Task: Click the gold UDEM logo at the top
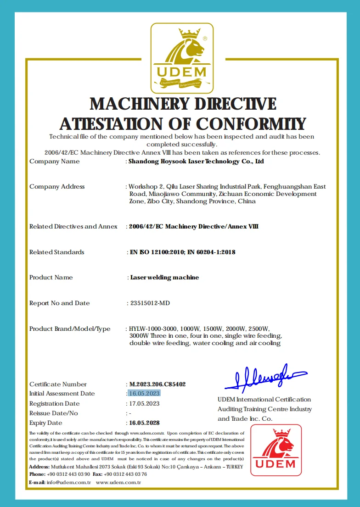[x=182, y=58]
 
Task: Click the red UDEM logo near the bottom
[x=276, y=450]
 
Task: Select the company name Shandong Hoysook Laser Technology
[x=196, y=162]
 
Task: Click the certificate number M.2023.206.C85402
[x=157, y=384]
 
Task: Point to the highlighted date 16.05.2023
[x=144, y=393]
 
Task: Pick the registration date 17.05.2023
[x=144, y=403]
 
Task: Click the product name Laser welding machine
[x=164, y=278]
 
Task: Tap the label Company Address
[x=57, y=186]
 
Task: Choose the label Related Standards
[x=57, y=252]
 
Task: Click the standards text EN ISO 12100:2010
[x=159, y=252]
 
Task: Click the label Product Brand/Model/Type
[x=70, y=329]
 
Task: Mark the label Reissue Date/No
[x=54, y=413]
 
